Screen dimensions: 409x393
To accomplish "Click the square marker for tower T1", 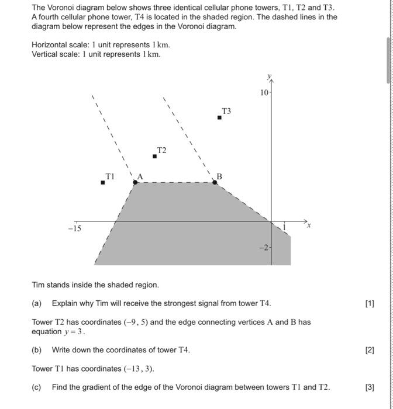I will point(103,182).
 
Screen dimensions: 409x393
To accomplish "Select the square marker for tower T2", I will point(154,156).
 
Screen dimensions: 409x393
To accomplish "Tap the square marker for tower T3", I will point(219,117).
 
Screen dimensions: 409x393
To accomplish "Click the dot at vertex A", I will point(136,182).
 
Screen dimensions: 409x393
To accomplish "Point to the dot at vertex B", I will point(215,182).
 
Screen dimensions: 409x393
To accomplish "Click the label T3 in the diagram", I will point(226,111).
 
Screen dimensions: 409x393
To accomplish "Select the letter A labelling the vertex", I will point(140,176).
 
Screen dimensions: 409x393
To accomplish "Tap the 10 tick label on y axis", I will point(264,93).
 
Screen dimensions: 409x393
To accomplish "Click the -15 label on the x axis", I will point(74,229).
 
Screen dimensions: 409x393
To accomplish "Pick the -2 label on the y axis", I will point(264,248).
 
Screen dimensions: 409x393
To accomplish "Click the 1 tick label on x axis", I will point(284,227).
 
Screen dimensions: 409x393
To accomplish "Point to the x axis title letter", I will point(309,224).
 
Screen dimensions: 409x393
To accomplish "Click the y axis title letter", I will point(270,77).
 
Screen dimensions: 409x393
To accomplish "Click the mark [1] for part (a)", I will point(369,303).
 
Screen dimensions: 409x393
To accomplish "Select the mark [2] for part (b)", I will point(369,350).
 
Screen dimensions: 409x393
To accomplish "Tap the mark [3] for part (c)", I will point(369,387).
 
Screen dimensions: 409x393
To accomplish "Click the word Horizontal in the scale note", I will point(49,45).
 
